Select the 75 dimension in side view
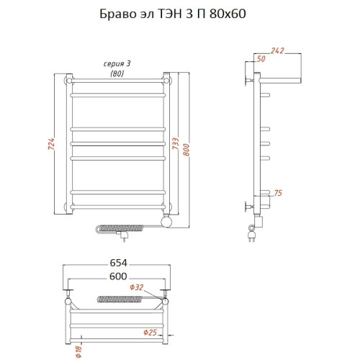point(279,192)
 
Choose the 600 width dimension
point(117,276)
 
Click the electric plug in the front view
point(127,233)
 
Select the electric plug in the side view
point(253,234)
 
